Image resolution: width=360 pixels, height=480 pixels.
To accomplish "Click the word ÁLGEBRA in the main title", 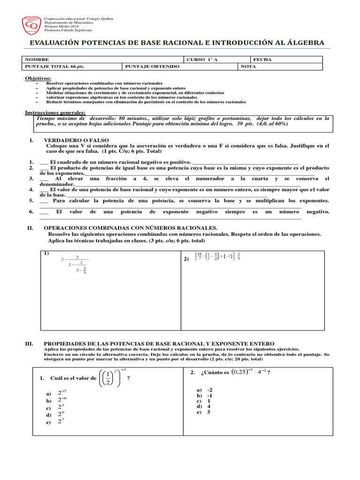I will point(301,43).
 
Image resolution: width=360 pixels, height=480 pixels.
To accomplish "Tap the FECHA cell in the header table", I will point(262,60).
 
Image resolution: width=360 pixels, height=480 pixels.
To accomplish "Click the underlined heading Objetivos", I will point(38,78).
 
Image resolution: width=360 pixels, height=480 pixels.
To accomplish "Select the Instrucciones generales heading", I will point(55,113).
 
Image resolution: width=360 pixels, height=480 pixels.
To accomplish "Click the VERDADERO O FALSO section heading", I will point(76,140).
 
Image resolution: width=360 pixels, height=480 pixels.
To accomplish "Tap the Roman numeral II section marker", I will point(30,227).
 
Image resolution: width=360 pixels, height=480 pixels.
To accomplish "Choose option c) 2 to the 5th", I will point(60,407).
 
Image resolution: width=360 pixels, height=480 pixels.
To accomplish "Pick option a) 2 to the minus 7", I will point(61,393).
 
